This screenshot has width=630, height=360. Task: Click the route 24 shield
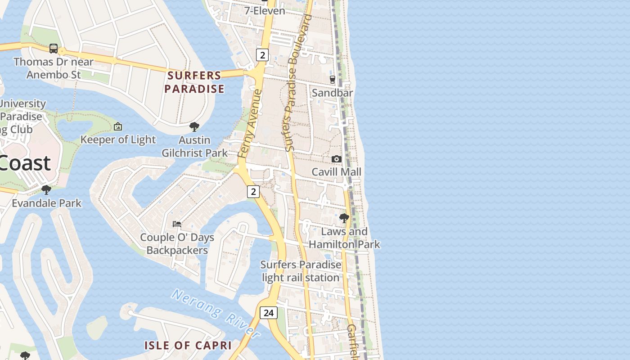point(268,312)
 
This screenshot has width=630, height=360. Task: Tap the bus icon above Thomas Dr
point(54,48)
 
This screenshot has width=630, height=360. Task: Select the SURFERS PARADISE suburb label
point(194,82)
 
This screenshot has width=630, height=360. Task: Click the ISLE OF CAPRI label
point(188,346)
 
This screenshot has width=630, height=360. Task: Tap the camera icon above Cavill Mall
point(336,159)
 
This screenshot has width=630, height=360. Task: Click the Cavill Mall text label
point(337,172)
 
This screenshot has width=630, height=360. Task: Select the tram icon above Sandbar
point(333,80)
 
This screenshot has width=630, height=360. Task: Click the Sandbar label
point(333,93)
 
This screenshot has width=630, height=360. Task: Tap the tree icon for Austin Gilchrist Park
point(194,127)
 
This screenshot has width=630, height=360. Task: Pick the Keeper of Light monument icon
point(118,127)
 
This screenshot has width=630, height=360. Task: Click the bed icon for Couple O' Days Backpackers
point(177,224)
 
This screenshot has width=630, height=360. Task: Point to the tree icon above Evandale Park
point(46,189)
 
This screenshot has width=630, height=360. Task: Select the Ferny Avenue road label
point(249,124)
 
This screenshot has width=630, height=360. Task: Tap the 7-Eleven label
point(265,10)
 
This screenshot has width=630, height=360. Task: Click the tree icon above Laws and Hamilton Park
point(344,218)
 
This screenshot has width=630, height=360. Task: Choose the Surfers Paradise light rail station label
point(301,271)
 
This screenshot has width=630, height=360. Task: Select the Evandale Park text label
point(47,203)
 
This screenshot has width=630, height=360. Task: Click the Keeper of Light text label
point(118,140)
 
